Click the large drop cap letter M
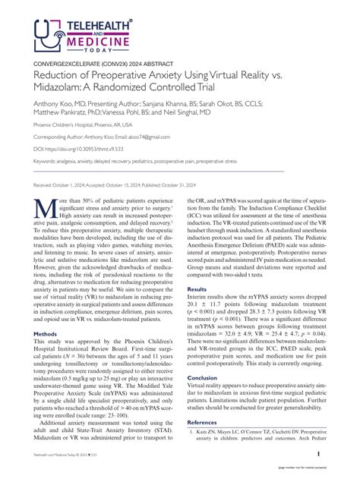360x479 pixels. click(x=43, y=207)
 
